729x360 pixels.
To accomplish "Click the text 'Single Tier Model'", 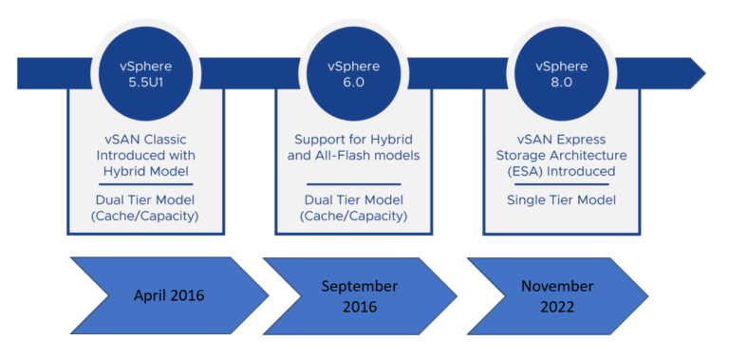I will tap(560, 199).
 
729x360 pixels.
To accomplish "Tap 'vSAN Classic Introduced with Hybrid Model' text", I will tap(146, 154).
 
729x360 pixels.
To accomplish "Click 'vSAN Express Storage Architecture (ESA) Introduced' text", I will tap(560, 154).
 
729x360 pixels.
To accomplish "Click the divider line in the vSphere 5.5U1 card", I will tap(146, 183).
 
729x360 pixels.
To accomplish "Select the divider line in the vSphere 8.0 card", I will tap(560, 183).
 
